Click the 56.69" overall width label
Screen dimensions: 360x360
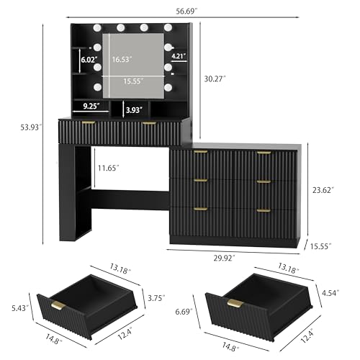pyautogui.click(x=186, y=11)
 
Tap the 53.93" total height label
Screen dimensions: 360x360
pyautogui.click(x=31, y=127)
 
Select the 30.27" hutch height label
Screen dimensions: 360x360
pyautogui.click(x=215, y=78)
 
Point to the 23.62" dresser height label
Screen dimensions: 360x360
pyautogui.click(x=323, y=190)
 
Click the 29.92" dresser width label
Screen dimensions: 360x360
pyautogui.click(x=224, y=258)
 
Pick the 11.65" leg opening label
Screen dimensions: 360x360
pyautogui.click(x=108, y=168)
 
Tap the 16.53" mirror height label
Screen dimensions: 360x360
pyautogui.click(x=122, y=59)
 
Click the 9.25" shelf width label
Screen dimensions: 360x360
pyautogui.click(x=91, y=106)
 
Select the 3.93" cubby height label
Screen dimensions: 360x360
pyautogui.click(x=134, y=110)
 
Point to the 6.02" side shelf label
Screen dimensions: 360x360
pyautogui.click(x=89, y=60)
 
